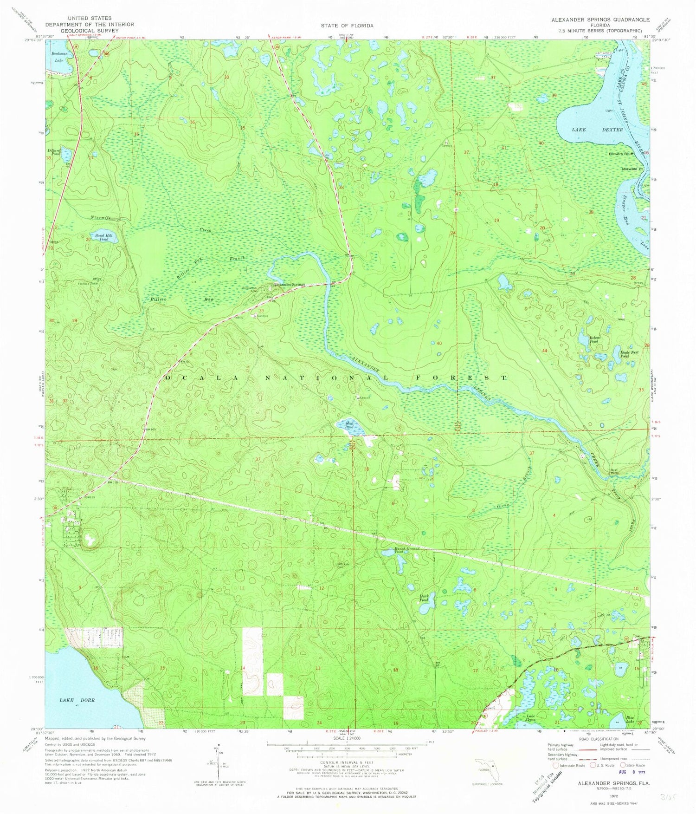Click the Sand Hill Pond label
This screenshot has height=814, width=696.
tap(101, 238)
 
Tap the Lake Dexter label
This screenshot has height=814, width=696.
tap(597, 130)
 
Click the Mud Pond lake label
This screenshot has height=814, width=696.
tap(350, 425)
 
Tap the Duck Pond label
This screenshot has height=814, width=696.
tap(424, 598)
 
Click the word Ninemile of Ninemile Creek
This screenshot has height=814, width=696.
tap(101, 218)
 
